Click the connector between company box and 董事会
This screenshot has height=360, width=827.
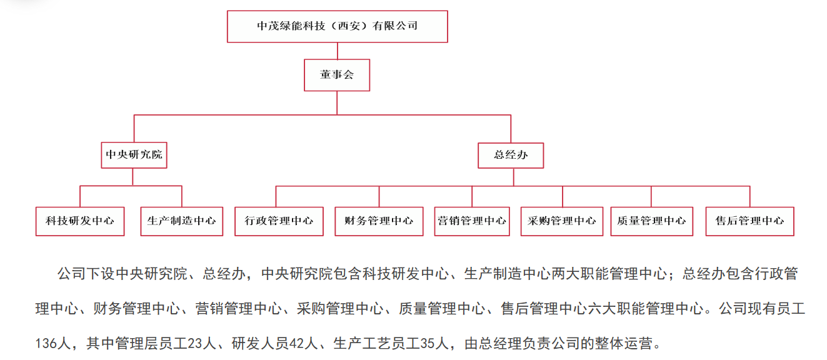[x=338, y=51]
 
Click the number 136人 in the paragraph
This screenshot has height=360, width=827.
[x=53, y=343]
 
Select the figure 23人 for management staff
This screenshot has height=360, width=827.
[x=202, y=343]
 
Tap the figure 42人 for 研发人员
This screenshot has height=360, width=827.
[x=304, y=343]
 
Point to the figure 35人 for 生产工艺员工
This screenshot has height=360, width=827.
[x=434, y=343]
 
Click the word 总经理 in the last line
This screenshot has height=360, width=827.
[x=500, y=343]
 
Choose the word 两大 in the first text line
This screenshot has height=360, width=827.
[x=565, y=274]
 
